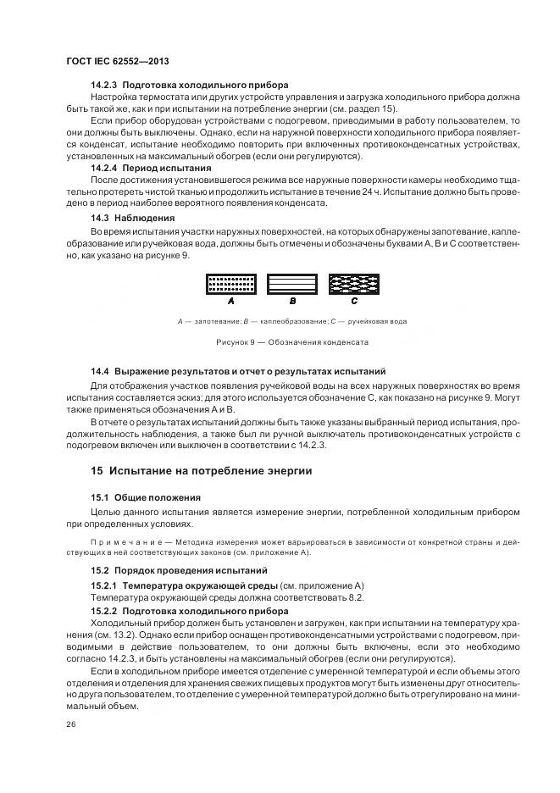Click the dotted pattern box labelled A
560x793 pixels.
[231, 284]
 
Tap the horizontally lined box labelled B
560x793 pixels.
[292, 284]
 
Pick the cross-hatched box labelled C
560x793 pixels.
[353, 284]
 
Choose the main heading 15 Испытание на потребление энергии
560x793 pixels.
[202, 470]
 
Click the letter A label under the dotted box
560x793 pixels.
[230, 301]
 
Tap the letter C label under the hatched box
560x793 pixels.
[354, 301]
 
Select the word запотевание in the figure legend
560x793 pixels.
[216, 322]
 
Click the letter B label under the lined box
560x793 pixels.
[292, 301]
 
